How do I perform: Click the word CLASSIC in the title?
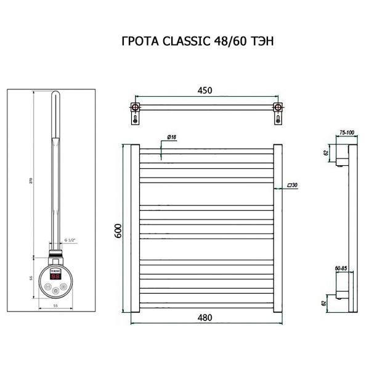[x=184, y=42]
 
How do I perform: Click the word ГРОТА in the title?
[x=138, y=42]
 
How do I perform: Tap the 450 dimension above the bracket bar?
[x=205, y=90]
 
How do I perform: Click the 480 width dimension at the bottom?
[x=205, y=318]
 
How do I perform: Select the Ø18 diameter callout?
[x=172, y=137]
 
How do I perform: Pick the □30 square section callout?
[x=292, y=185]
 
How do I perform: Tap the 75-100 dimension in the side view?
[x=347, y=133]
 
